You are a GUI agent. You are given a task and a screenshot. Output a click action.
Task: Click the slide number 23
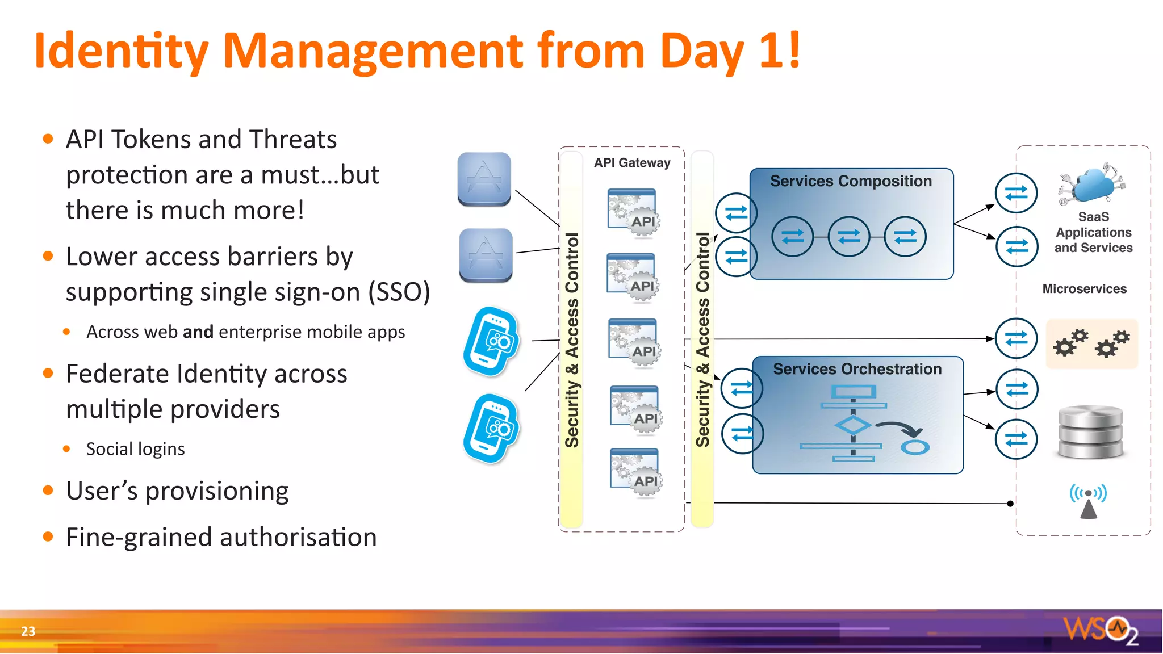[x=28, y=631]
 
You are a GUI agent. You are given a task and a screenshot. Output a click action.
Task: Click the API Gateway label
[x=632, y=163]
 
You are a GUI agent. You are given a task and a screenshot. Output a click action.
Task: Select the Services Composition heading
[x=851, y=181]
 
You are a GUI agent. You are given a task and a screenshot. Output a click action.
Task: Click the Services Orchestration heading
[x=857, y=369]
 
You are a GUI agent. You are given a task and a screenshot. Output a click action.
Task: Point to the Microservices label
[x=1084, y=288]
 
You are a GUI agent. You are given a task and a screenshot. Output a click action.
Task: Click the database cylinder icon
[x=1091, y=431]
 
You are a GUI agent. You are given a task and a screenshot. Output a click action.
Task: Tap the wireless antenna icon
[x=1088, y=501]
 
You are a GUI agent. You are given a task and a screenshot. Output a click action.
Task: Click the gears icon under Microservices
[x=1091, y=343]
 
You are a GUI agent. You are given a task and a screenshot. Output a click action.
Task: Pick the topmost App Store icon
[x=484, y=178]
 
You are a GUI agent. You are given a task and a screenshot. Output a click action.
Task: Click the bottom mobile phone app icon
[x=491, y=429]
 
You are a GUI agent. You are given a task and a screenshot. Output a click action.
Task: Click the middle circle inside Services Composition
[x=848, y=236]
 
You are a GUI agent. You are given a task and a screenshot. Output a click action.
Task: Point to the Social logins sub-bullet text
[x=135, y=449]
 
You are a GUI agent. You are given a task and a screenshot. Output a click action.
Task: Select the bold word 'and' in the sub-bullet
[x=198, y=332]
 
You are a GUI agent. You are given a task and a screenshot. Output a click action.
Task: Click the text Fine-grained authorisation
[x=221, y=537]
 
